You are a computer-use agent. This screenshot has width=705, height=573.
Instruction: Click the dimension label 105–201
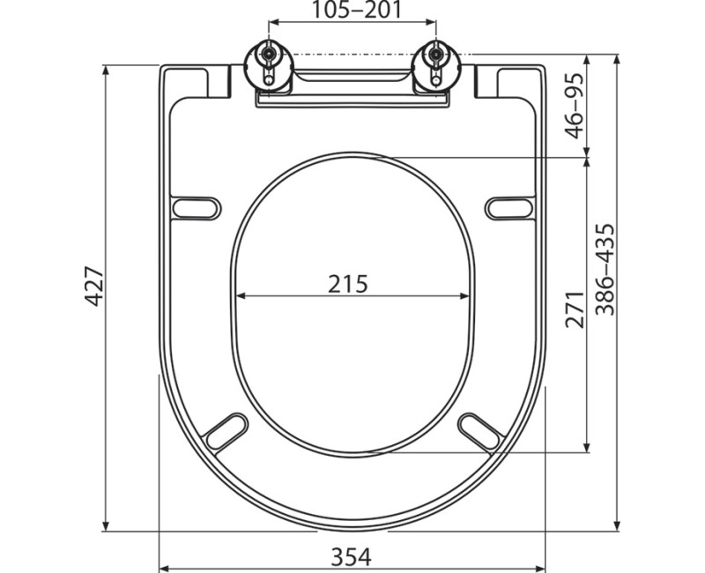[x=352, y=11]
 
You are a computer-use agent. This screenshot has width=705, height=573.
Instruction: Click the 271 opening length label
[x=575, y=309]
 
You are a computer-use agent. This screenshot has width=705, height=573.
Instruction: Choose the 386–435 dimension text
[x=604, y=270]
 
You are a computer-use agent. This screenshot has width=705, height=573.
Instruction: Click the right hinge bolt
[x=434, y=59]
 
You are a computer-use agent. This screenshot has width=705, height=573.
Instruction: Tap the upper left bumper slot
[x=196, y=207]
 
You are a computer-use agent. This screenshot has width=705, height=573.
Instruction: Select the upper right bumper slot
[x=509, y=207]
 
